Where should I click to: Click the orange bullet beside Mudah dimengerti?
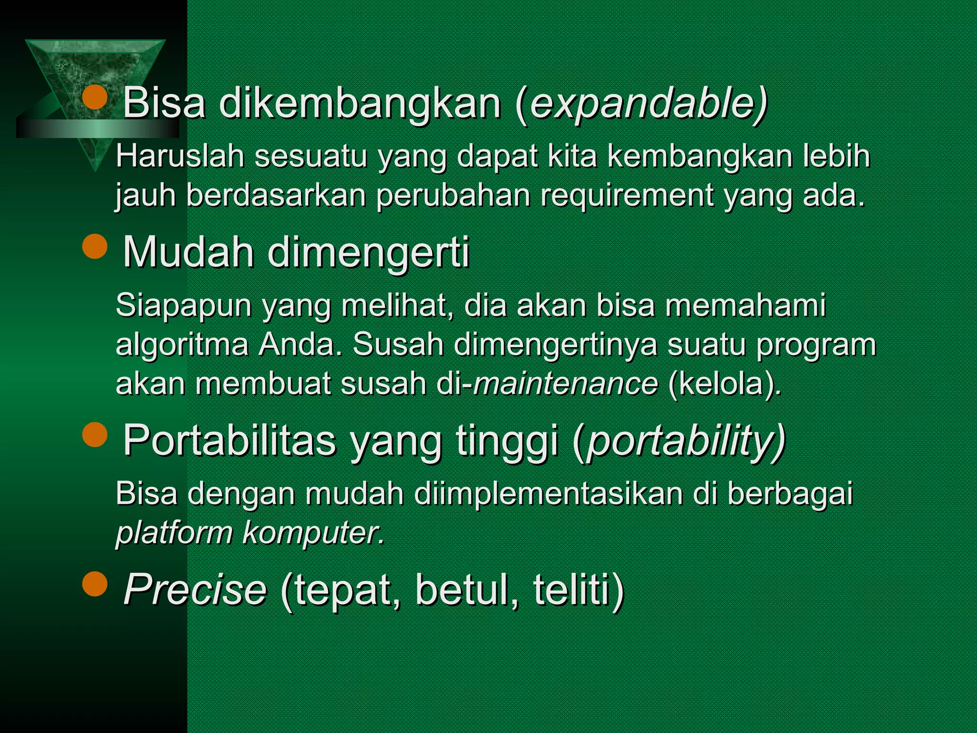click(x=95, y=246)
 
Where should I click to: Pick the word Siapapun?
click(x=184, y=305)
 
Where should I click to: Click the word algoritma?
click(x=182, y=345)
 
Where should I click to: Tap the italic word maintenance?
click(x=566, y=383)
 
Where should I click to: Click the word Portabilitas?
click(x=229, y=440)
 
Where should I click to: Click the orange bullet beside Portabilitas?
click(x=95, y=434)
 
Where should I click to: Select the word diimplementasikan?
click(x=549, y=493)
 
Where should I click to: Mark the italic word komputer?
click(x=312, y=533)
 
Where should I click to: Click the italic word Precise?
click(x=195, y=590)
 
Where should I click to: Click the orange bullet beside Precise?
click(x=95, y=584)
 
